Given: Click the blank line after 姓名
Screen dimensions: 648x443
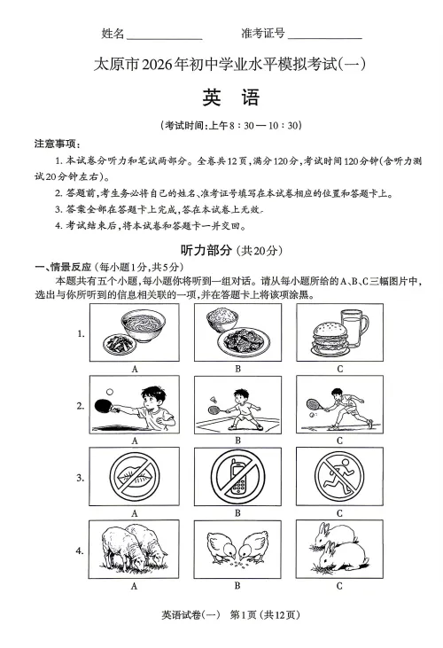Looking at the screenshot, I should pos(164,36).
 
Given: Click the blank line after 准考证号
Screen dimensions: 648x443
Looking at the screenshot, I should pos(324,36).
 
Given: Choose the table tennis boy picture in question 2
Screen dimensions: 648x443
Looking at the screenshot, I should pos(135,404).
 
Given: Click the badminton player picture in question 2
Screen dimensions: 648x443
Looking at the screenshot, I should pos(237,404).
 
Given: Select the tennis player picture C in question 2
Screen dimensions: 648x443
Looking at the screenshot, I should pos(339,404).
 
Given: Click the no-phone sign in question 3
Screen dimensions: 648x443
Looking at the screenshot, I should pos(237,477).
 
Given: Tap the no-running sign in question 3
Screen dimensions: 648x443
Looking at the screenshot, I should pos(339,477).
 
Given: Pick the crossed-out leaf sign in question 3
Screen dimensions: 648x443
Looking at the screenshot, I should pos(135,477).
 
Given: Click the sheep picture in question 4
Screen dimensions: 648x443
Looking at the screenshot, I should pos(135,550).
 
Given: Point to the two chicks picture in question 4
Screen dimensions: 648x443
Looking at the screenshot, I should pos(237,550).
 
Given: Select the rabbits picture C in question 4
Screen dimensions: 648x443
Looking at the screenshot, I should pos(339,550).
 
